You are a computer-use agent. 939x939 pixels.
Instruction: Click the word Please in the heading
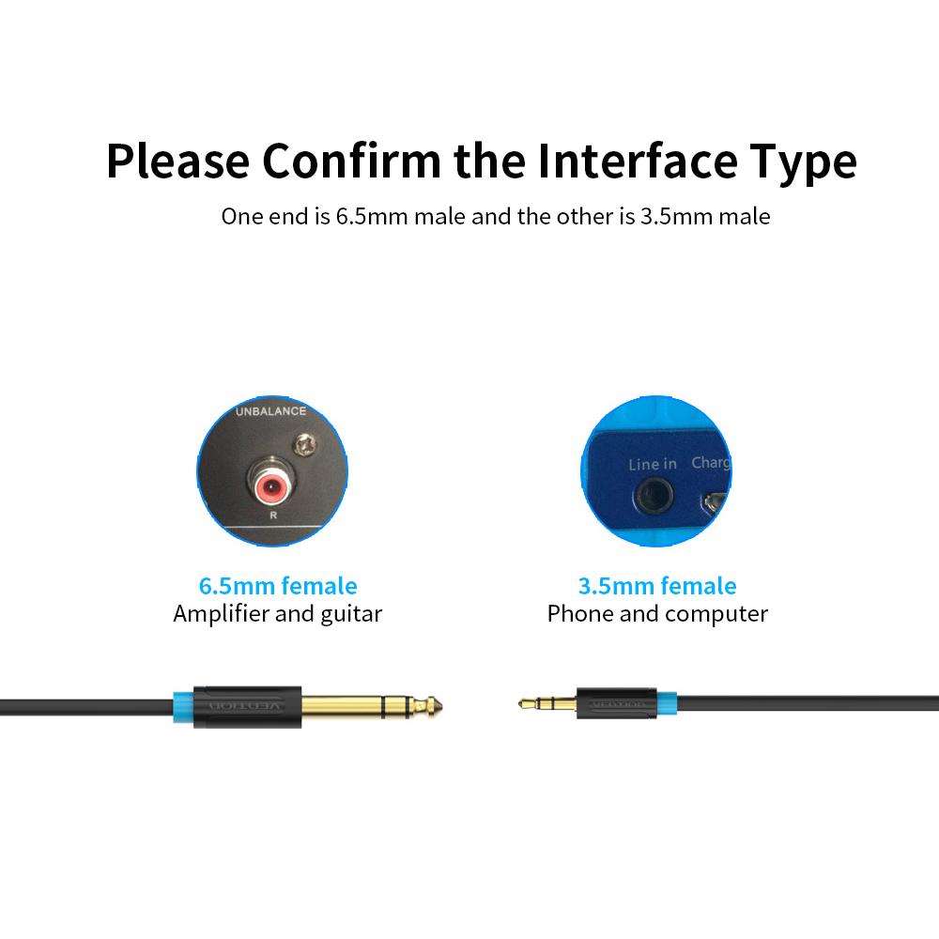click(x=176, y=161)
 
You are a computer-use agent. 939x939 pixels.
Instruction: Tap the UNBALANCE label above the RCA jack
click(x=270, y=411)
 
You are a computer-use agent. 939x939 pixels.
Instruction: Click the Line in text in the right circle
click(x=652, y=464)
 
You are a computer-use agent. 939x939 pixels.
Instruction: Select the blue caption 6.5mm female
click(x=278, y=586)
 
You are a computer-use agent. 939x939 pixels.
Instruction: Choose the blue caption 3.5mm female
click(x=657, y=586)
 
